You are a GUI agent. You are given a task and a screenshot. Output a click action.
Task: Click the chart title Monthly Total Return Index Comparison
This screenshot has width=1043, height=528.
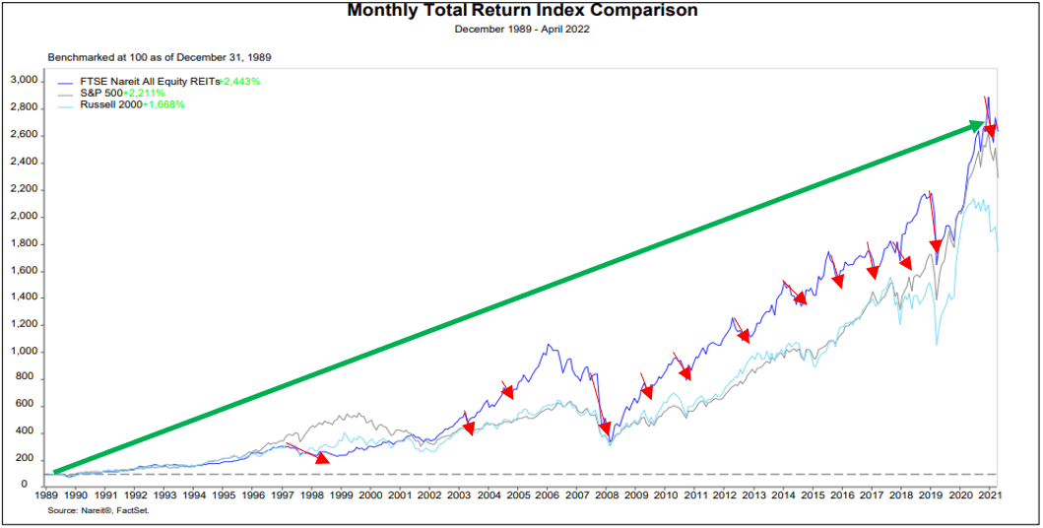tap(521, 11)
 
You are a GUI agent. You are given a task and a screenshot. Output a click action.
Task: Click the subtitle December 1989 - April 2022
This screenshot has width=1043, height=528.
tap(521, 29)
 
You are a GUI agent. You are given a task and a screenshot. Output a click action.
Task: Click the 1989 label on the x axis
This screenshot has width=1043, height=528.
tap(47, 496)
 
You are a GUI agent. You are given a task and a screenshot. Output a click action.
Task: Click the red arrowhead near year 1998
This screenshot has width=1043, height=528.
tap(322, 457)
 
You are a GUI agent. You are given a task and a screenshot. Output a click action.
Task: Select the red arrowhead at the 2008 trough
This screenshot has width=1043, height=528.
tap(605, 429)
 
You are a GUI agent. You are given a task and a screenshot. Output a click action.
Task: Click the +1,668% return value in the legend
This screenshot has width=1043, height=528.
tap(163, 103)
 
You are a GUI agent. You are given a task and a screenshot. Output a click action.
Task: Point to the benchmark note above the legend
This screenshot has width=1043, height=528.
tap(160, 57)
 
